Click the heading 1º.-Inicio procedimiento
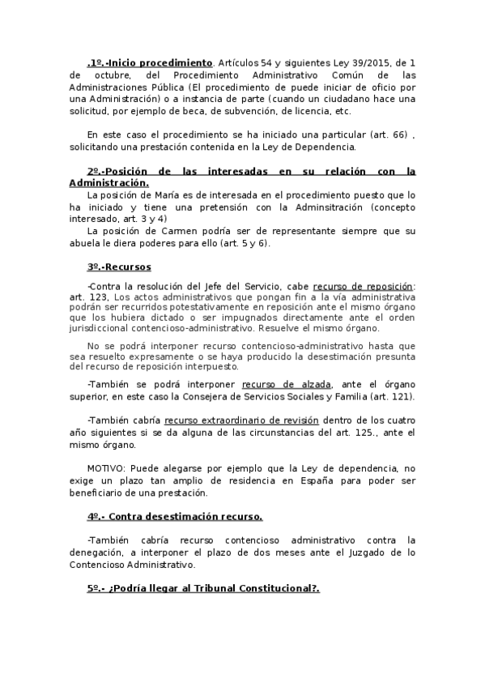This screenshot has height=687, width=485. tap(150, 62)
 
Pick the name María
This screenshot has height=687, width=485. tap(164, 195)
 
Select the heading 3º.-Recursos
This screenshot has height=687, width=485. tap(118, 267)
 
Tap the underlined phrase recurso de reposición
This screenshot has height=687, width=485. tap(363, 286)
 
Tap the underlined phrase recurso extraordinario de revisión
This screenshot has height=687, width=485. tap(241, 420)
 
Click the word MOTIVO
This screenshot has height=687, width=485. tap(106, 468)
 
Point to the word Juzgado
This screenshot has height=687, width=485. tap(372, 552)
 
